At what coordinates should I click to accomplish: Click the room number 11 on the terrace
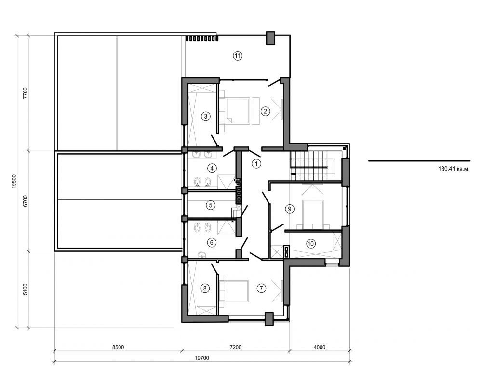click(x=237, y=55)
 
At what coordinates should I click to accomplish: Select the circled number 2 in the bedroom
click(x=265, y=111)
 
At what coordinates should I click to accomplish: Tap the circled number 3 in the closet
click(x=205, y=116)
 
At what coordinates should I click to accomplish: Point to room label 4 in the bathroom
click(x=212, y=168)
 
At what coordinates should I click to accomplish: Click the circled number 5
click(x=210, y=205)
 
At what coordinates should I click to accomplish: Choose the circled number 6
click(x=211, y=242)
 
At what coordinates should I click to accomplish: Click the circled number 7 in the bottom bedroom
click(x=261, y=289)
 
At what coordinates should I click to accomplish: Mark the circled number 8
click(x=205, y=289)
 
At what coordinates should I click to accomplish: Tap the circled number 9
click(x=289, y=209)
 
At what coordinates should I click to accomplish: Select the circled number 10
click(x=311, y=244)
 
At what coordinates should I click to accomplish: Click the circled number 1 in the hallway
click(x=256, y=164)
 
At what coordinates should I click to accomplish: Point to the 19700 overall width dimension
click(x=202, y=358)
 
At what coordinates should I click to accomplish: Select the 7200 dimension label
click(x=236, y=347)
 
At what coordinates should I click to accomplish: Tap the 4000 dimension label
click(x=320, y=347)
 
